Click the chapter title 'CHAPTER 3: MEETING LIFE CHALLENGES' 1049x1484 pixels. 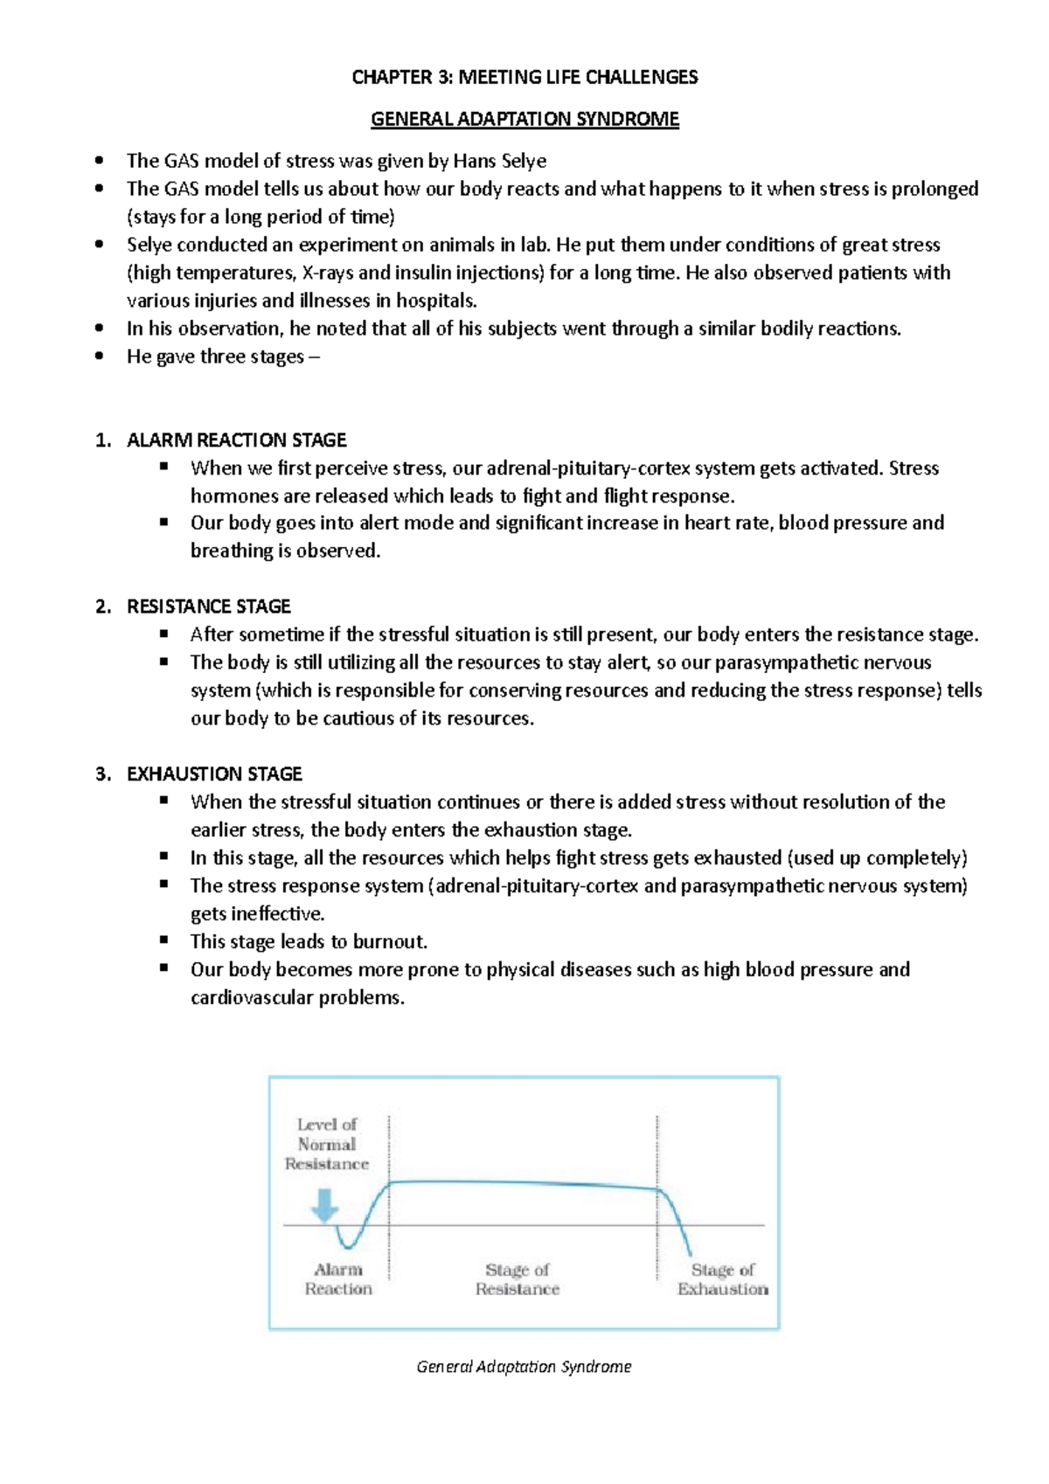(524, 77)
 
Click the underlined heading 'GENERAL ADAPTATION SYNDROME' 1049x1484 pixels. (524, 119)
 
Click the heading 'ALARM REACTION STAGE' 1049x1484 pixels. (236, 440)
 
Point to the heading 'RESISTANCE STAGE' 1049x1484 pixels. (208, 607)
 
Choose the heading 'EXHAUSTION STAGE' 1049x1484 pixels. (214, 774)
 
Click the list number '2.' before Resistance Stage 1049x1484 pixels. (103, 607)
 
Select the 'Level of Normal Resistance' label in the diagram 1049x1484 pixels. (326, 1144)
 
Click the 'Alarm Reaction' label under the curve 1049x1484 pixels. (338, 1279)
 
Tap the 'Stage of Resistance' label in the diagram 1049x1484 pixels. (518, 1279)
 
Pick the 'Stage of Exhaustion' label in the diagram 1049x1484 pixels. (722, 1279)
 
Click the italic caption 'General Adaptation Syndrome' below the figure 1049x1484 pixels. (524, 1367)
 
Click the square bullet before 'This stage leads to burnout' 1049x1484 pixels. (163, 940)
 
